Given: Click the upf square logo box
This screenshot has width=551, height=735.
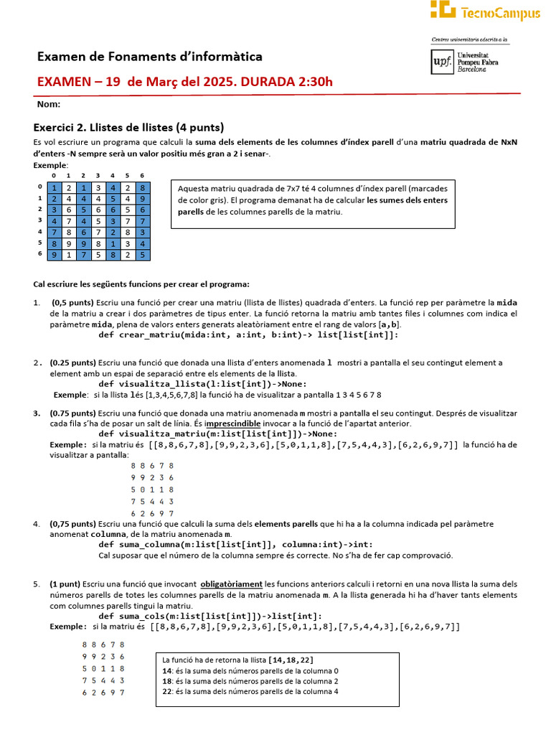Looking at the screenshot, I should point(442,62).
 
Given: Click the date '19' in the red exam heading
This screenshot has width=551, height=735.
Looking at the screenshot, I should point(113,81).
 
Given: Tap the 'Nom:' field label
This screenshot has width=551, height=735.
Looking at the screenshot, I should point(49,105).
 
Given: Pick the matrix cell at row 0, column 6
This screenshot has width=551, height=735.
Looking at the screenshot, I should point(142,188).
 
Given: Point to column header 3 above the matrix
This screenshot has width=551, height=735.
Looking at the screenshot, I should point(98,176).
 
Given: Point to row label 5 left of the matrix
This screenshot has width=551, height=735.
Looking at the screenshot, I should point(39,243).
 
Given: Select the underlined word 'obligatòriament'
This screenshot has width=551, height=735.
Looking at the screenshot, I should point(232,584).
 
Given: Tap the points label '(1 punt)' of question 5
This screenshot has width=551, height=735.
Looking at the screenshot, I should point(65,584).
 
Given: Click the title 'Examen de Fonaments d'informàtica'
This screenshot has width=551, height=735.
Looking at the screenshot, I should point(149,57).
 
